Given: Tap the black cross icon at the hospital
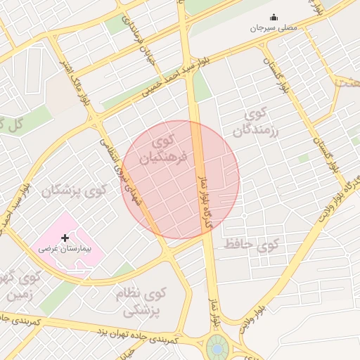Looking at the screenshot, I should click(65, 238).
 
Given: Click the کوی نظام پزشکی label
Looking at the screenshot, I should click(145, 301).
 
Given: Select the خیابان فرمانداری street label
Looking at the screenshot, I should click(139, 37).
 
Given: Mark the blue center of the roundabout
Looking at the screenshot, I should click(217, 348).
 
